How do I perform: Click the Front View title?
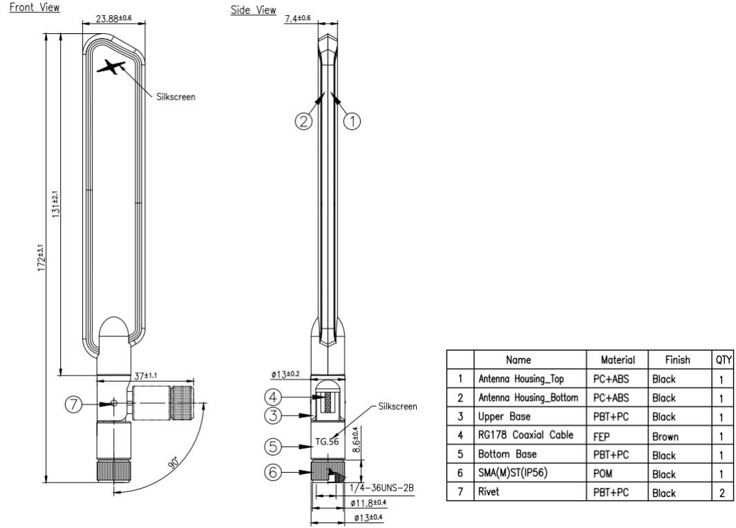35,8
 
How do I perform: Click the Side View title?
253,10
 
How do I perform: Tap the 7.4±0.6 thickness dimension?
297,17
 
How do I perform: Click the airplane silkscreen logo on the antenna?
112,68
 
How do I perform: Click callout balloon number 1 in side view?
352,121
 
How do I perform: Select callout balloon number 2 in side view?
303,121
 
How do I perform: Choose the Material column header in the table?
617,360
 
